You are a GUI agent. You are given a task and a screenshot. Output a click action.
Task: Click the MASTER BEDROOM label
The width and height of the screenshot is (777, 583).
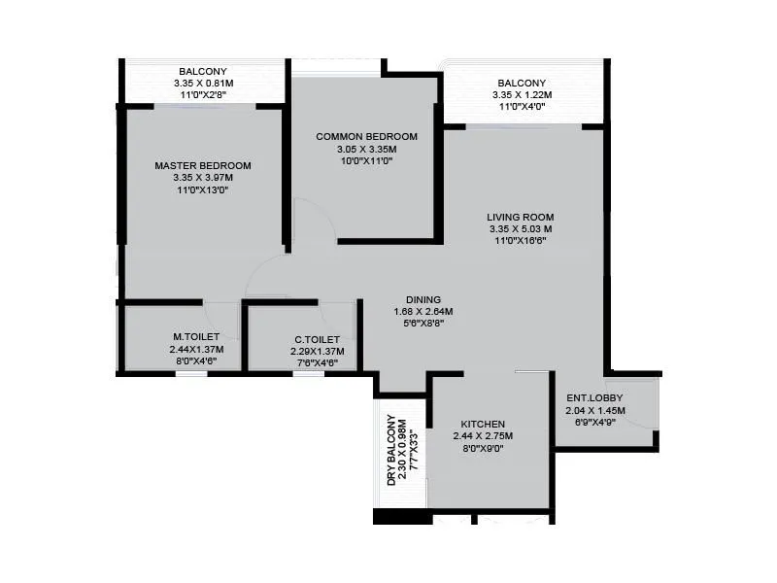tap(203, 165)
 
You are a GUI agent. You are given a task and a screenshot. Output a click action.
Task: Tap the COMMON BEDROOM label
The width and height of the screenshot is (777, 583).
tap(366, 136)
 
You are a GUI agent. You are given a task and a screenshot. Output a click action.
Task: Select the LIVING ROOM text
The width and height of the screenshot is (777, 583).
tap(521, 217)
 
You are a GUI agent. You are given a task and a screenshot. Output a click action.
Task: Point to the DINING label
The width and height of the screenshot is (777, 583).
tap(423, 299)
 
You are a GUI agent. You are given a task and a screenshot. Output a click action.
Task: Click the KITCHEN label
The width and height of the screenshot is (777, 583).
tap(482, 425)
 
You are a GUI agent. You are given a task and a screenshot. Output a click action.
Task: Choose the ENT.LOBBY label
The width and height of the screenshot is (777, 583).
tap(594, 398)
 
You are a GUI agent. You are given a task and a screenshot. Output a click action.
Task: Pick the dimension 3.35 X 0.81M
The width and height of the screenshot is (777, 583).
tap(203, 84)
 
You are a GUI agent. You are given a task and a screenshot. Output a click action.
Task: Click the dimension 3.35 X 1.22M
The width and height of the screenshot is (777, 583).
tap(522, 95)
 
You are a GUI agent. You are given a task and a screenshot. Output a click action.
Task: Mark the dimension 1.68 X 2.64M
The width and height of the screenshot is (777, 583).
tap(423, 312)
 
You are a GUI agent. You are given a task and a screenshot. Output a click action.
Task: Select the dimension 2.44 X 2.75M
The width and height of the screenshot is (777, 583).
tap(482, 437)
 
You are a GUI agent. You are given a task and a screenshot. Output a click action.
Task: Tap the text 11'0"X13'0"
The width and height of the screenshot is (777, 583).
tap(203, 190)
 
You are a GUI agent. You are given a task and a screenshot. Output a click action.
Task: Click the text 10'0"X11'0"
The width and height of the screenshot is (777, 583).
tap(366, 161)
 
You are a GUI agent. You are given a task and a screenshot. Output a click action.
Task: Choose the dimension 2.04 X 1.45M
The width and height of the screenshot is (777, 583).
tap(595, 411)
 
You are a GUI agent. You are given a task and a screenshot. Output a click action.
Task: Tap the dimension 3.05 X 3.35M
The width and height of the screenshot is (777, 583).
tap(366, 149)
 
